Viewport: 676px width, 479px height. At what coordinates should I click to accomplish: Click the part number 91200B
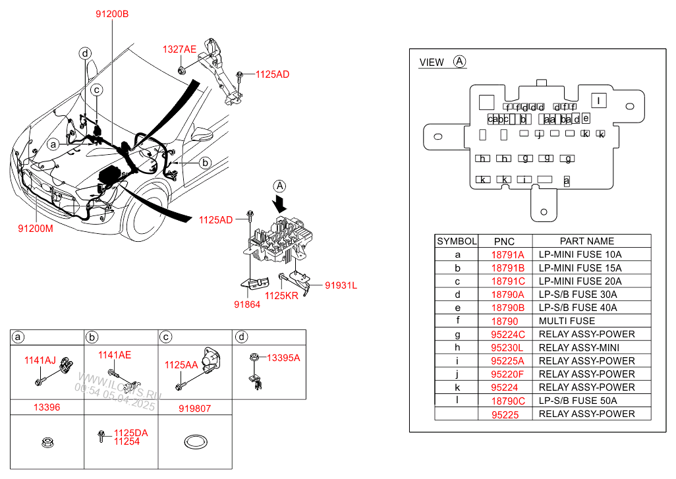tap(112, 13)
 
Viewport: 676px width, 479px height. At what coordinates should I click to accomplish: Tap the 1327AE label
tap(180, 49)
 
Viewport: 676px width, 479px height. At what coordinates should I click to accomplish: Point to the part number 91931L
tap(340, 285)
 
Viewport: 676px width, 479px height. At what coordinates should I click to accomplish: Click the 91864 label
tap(246, 304)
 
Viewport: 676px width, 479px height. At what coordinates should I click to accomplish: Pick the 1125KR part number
tap(282, 296)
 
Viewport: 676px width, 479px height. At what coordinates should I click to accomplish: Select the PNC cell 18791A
tap(507, 254)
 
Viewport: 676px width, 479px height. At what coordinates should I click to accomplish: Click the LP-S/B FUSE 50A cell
tap(577, 401)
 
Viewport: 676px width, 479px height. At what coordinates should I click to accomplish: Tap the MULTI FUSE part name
tap(567, 321)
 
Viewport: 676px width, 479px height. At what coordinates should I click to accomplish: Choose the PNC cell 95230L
tap(507, 347)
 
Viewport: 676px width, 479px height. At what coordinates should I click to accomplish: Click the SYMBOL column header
tap(456, 241)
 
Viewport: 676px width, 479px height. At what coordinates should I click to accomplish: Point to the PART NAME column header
tap(586, 241)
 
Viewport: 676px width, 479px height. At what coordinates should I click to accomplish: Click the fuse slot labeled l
tap(598, 101)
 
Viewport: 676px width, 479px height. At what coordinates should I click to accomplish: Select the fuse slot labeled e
tap(585, 119)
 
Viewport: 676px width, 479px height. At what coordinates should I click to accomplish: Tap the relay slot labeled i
tap(524, 179)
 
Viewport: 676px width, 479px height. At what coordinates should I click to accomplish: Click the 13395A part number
tap(283, 358)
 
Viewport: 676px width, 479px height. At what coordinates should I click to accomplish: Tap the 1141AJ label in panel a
tap(40, 360)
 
